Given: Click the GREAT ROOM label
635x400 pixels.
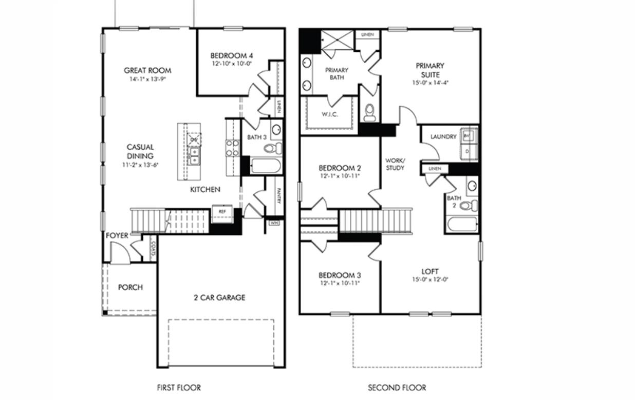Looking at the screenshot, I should tap(147, 71).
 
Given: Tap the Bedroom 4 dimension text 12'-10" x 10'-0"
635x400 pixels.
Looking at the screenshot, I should tap(231, 65).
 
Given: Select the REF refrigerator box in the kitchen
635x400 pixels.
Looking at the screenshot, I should tap(222, 212).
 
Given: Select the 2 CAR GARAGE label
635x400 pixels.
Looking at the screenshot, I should tap(219, 297).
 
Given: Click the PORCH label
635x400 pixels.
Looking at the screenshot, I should tap(130, 287).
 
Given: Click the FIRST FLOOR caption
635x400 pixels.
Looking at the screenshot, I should tap(179, 388).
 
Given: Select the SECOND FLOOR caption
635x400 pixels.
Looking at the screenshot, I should tap(397, 388).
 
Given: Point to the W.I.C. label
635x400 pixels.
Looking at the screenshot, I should tap(330, 114).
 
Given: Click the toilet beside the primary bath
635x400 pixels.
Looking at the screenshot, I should tap(369, 113).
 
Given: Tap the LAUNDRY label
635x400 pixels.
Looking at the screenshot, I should tap(443, 137).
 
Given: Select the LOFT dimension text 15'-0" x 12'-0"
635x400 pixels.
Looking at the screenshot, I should tap(430, 280).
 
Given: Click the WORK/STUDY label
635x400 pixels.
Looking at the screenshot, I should tap(395, 164).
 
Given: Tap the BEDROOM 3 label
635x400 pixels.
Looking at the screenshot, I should tap(339, 275).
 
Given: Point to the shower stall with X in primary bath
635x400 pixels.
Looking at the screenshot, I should tap(338, 40).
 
